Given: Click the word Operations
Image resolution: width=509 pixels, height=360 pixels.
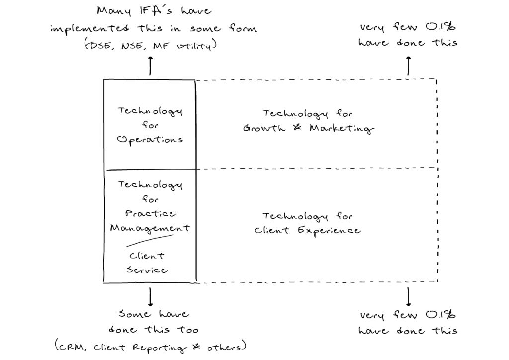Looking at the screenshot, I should pos(150,140).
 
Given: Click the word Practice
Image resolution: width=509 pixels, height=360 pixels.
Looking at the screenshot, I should pos(150,213).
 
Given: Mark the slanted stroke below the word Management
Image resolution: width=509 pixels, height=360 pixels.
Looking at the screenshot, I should pos(149,241).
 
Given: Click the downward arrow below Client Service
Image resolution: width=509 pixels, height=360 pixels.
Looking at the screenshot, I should pos(150,297).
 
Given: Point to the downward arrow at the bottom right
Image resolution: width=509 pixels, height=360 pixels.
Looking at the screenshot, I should pos(408,297).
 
